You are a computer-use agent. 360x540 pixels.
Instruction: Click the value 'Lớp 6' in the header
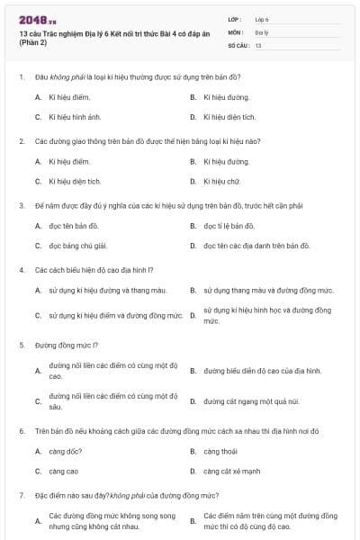262,18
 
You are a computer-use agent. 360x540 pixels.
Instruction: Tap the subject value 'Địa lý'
262,31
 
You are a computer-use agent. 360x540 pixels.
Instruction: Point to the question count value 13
258,44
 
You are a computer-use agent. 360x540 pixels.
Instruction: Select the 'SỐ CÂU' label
238,44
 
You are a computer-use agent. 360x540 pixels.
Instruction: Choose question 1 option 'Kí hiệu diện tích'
229,117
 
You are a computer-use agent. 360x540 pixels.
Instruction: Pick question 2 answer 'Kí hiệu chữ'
223,181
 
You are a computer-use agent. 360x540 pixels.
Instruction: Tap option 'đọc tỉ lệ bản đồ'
229,226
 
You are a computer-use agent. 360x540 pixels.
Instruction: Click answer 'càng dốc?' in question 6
66,451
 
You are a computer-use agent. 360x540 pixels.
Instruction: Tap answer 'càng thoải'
220,451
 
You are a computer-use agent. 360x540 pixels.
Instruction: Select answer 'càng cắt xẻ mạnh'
231,471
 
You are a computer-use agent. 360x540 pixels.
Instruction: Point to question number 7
21,495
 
